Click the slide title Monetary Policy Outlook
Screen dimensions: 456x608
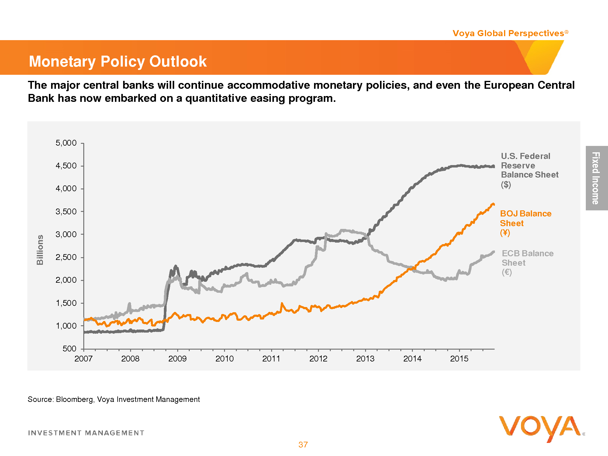point(118,61)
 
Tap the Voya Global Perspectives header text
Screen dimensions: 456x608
point(508,33)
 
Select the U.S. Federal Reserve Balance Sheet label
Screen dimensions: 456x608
point(529,170)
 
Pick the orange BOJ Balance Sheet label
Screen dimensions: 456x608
point(525,223)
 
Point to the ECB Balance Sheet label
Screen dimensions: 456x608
point(527,262)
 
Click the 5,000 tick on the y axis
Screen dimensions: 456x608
point(66,143)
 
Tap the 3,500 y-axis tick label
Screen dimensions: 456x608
point(66,211)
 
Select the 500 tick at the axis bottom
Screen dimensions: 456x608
point(69,348)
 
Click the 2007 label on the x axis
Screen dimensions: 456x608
point(83,359)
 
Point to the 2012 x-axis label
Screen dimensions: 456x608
point(318,359)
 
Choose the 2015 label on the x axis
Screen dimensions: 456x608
point(459,359)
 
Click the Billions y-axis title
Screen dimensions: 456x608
point(40,250)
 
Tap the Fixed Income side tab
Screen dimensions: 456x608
point(596,178)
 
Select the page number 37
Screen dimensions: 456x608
point(303,445)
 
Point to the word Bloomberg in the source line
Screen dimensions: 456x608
point(74,399)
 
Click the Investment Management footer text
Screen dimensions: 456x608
point(86,433)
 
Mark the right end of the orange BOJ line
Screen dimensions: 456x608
point(493,204)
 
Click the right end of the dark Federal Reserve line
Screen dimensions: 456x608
point(493,166)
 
